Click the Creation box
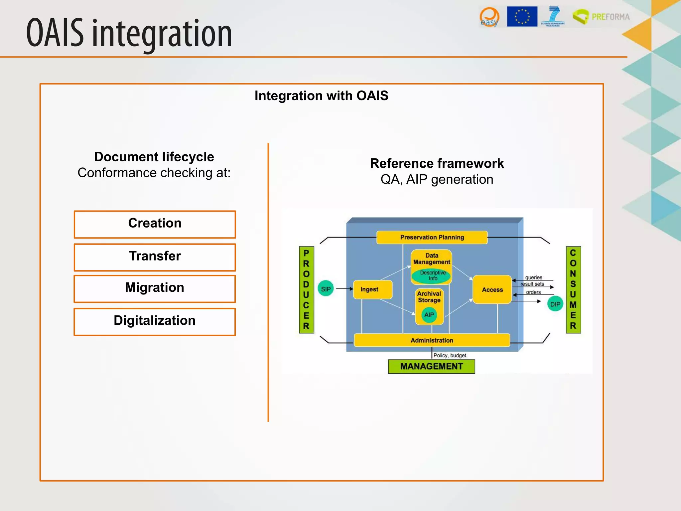pyautogui.click(x=155, y=224)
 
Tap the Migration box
pyautogui.click(x=155, y=288)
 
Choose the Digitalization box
pyautogui.click(x=155, y=321)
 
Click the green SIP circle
pyautogui.click(x=326, y=289)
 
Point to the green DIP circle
pyautogui.click(x=555, y=304)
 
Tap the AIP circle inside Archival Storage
pyautogui.click(x=429, y=315)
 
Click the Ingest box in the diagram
pyautogui.click(x=372, y=289)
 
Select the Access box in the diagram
pyautogui.click(x=492, y=289)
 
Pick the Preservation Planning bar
pyautogui.click(x=432, y=237)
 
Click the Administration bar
pyautogui.click(x=432, y=340)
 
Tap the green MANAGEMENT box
pyautogui.click(x=431, y=366)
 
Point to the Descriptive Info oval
pyautogui.click(x=432, y=275)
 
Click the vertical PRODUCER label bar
pyautogui.click(x=306, y=289)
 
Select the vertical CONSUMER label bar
pyautogui.click(x=573, y=289)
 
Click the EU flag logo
pyautogui.click(x=522, y=16)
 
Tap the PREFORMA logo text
pyautogui.click(x=611, y=17)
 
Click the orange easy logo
pyautogui.click(x=489, y=17)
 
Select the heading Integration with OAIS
pyautogui.click(x=321, y=96)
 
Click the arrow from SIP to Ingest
pyautogui.click(x=344, y=289)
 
